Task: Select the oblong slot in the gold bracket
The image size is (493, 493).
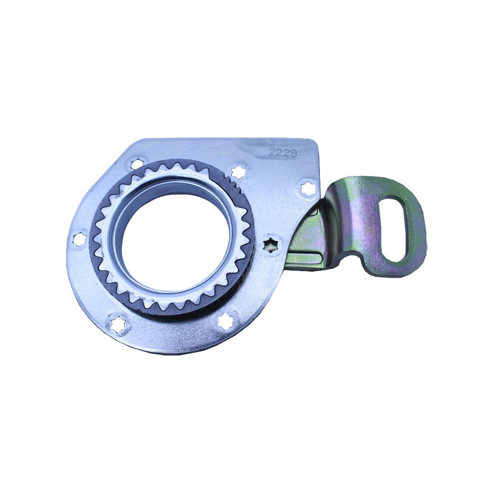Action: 395,230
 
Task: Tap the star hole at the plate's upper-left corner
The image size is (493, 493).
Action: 137,164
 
